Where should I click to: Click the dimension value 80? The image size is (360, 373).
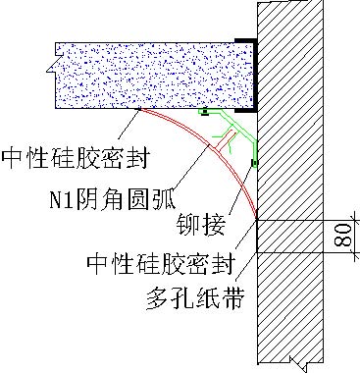[343, 236]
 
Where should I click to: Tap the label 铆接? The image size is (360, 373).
[201, 224]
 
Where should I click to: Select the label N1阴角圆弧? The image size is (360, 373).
[113, 198]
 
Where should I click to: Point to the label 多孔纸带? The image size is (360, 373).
[195, 297]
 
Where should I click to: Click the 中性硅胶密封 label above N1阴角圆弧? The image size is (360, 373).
[76, 158]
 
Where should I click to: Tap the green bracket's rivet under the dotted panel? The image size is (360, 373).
[205, 113]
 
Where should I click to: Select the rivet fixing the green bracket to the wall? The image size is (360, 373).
[255, 163]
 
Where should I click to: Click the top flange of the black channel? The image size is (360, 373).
[245, 40]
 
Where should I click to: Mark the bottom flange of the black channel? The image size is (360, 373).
[246, 110]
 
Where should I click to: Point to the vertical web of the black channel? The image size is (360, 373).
[255, 76]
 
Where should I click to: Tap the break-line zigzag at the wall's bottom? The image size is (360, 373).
[298, 363]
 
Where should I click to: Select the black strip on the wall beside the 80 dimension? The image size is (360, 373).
[257, 236]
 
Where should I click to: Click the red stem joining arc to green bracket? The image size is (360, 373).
[224, 140]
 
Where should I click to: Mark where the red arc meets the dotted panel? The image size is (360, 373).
[140, 109]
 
